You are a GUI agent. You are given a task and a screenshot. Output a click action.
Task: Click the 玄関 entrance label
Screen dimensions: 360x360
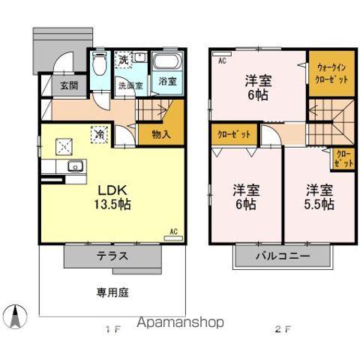[68, 85]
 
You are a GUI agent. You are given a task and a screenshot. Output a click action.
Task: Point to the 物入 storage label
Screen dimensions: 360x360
[160, 135]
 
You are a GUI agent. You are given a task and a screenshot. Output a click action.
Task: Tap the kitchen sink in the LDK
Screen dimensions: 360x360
[73, 167]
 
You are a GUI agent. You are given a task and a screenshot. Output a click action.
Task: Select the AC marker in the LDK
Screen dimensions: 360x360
[173, 232]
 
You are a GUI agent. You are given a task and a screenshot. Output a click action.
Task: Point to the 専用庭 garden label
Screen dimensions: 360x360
[111, 292]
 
